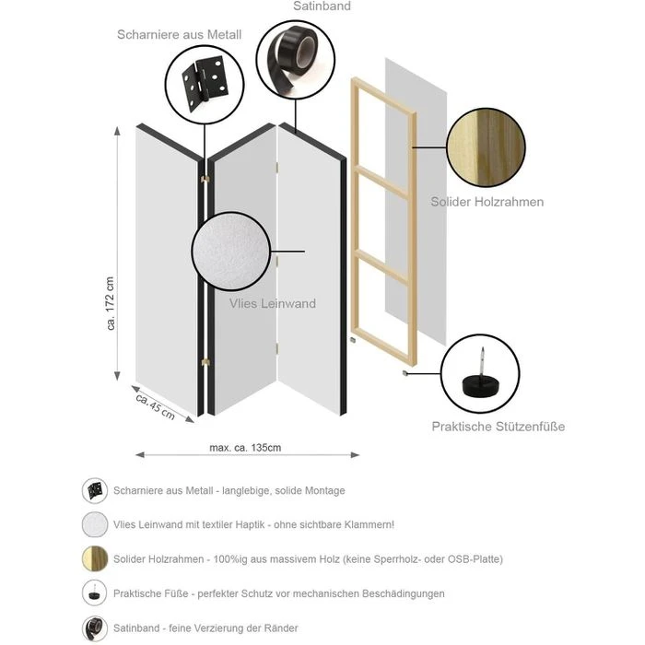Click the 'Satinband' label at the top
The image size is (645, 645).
click(x=322, y=6)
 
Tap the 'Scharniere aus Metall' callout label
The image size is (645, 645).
click(x=179, y=35)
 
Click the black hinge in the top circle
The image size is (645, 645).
click(x=203, y=83)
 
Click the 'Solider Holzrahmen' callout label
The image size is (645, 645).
click(x=487, y=202)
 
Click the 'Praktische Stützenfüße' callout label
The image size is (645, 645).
click(x=498, y=427)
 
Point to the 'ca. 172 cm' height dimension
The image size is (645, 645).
click(x=111, y=304)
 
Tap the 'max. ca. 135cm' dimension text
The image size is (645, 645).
click(x=245, y=448)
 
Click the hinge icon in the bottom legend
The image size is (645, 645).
click(x=95, y=490)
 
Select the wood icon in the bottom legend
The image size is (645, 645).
click(x=95, y=558)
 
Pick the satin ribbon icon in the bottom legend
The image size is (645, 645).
click(x=95, y=627)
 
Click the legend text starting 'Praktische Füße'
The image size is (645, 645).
click(x=278, y=593)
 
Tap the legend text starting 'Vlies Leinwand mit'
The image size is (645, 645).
click(x=253, y=524)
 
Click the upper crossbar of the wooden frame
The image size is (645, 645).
click(x=382, y=182)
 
